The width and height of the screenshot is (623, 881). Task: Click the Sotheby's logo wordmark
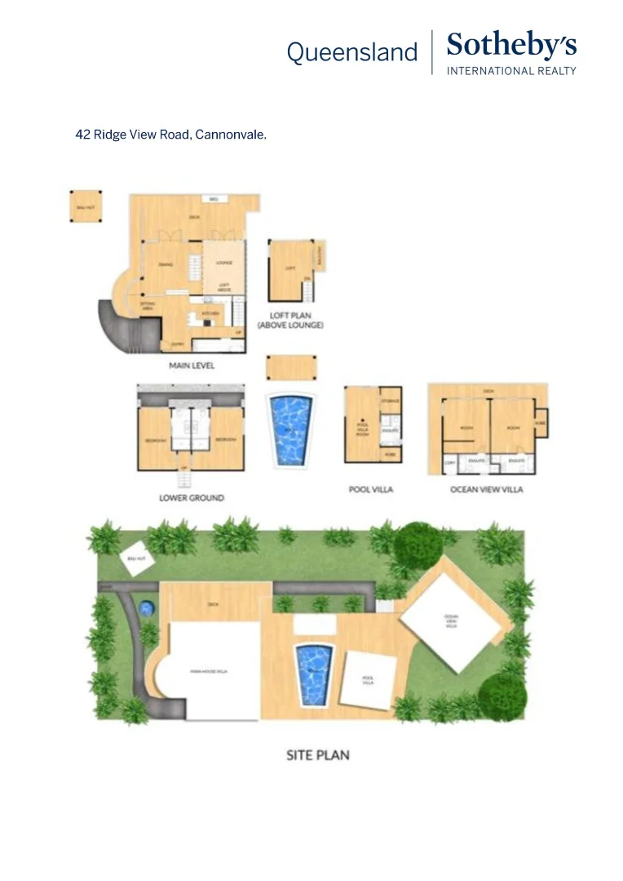pos(511,46)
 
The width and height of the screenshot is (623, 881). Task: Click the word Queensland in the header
pos(351,53)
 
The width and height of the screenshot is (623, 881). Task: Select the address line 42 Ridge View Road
pos(171,135)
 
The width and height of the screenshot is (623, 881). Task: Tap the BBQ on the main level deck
pos(214,199)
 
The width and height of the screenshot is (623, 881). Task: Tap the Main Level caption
pos(192,365)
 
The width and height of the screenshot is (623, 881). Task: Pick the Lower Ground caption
pos(192,498)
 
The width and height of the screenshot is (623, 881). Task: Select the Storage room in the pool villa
pos(390,401)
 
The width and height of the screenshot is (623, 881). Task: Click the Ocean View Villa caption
pos(487,489)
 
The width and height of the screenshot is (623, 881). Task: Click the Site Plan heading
pos(318,755)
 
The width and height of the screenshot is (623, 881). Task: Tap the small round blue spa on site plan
pos(147,608)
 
